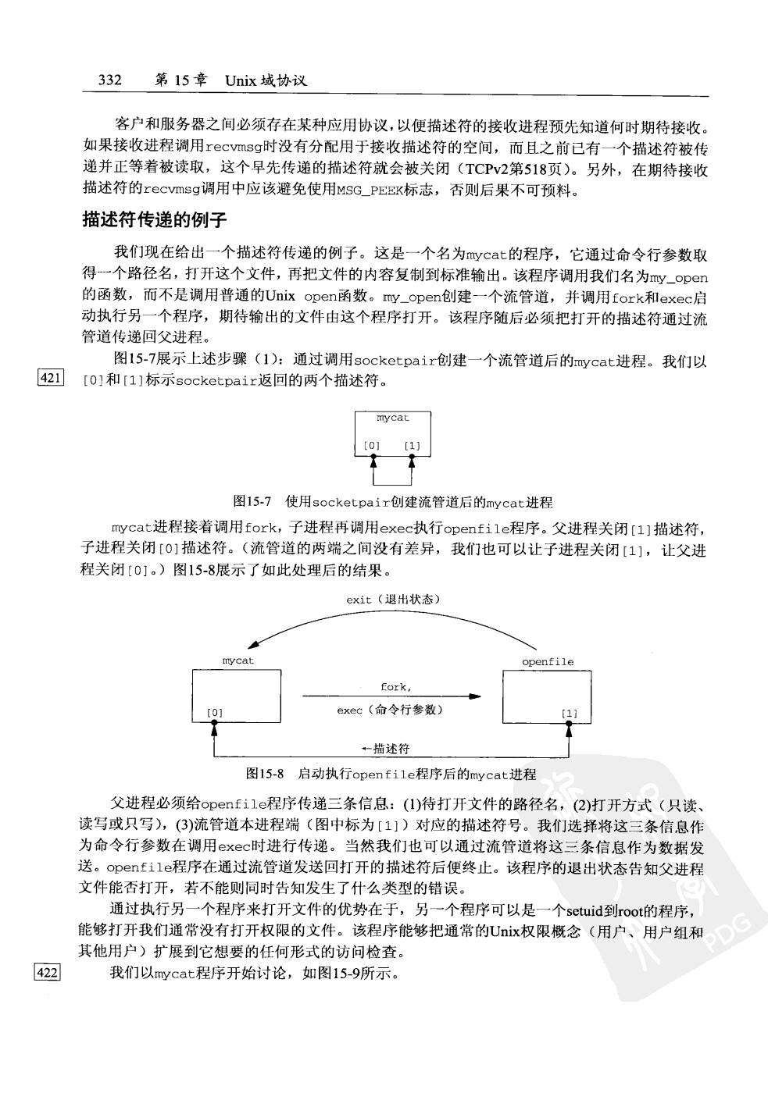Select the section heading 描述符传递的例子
click(x=155, y=221)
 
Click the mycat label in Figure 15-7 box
click(x=392, y=418)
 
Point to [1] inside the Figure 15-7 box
click(x=413, y=447)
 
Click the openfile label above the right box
click(x=548, y=662)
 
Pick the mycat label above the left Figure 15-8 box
click(x=238, y=660)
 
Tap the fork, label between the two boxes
click(x=395, y=687)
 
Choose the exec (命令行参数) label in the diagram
click(x=390, y=710)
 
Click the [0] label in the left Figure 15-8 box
click(x=215, y=713)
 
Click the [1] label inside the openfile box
click(x=570, y=714)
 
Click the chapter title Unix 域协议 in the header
click(x=266, y=80)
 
